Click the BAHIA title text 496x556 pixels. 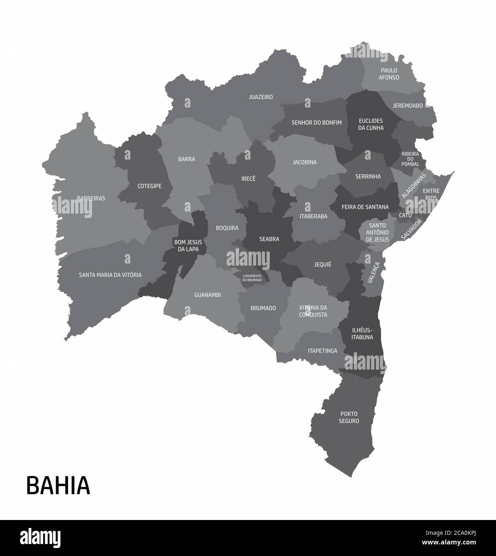pyautogui.click(x=58, y=485)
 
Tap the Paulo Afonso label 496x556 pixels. pyautogui.click(x=389, y=74)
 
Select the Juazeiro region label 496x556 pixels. pyautogui.click(x=261, y=97)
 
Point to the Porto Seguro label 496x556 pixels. pyautogui.click(x=349, y=417)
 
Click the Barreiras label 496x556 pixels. pyautogui.click(x=91, y=198)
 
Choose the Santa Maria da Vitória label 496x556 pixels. pyautogui.click(x=110, y=275)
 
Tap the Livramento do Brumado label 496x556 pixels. pyautogui.click(x=252, y=278)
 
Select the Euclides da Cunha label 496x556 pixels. pyautogui.click(x=371, y=124)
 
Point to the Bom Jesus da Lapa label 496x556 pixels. pyautogui.click(x=188, y=246)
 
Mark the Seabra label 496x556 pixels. pyautogui.click(x=269, y=239)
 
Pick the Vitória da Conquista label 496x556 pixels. pyautogui.click(x=313, y=311)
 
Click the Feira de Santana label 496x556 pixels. pyautogui.click(x=365, y=207)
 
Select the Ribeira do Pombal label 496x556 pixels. pyautogui.click(x=410, y=159)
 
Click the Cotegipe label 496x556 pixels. pyautogui.click(x=149, y=186)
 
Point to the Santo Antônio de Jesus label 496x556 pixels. pyautogui.click(x=377, y=232)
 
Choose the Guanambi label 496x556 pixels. pyautogui.click(x=207, y=295)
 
